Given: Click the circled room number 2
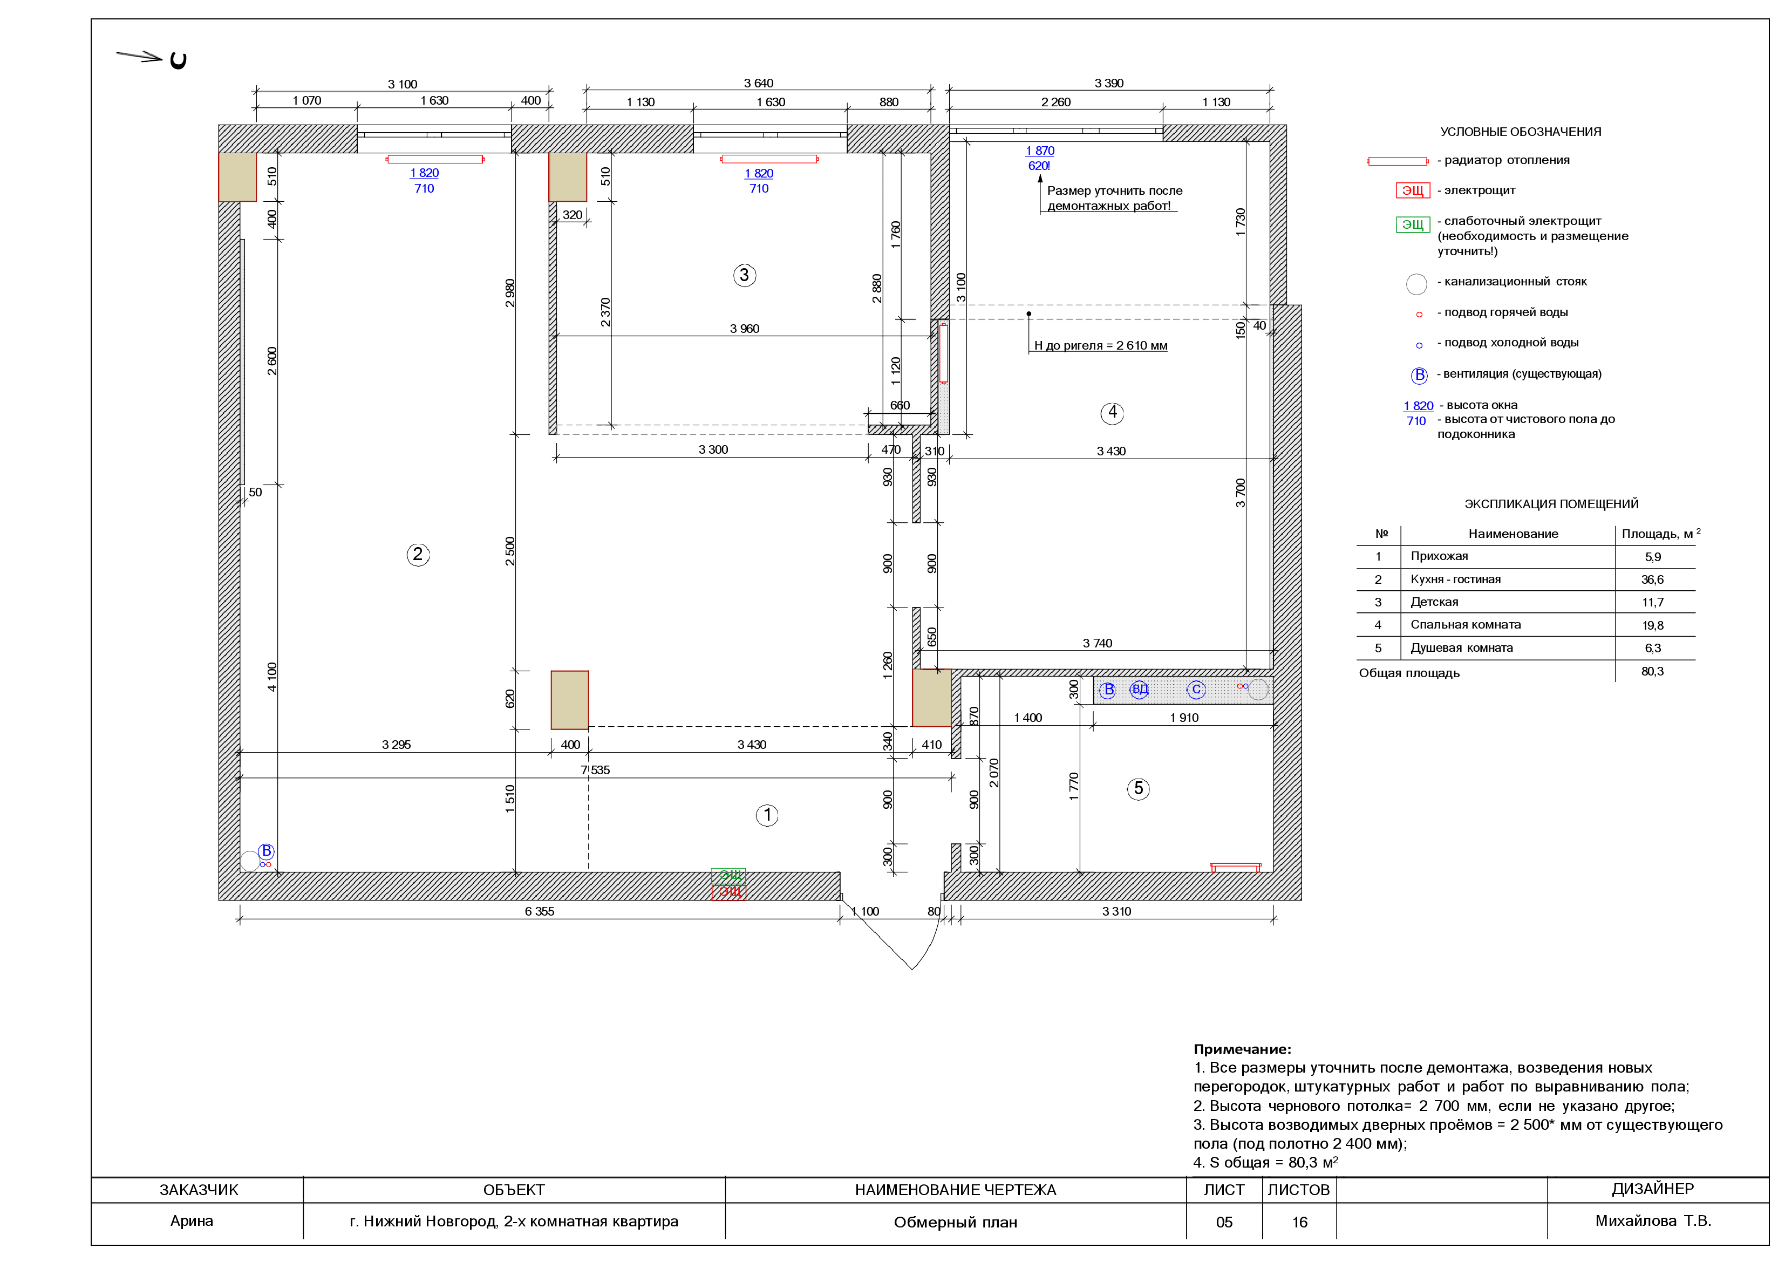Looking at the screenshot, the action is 418,555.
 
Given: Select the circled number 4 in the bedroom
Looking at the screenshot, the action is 1113,413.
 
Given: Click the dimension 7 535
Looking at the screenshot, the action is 596,770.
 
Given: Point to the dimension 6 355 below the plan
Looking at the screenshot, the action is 540,911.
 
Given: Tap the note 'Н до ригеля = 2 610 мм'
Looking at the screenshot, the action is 1101,345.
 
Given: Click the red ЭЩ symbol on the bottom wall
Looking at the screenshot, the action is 728,892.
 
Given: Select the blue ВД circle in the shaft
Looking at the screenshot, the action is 1140,690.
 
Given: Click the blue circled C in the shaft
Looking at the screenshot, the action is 1196,690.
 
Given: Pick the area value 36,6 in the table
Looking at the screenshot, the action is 1653,579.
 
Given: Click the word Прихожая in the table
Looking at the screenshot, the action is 1440,556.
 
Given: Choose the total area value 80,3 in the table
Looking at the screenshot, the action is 1653,671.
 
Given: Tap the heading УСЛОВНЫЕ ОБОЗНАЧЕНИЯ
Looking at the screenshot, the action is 1521,132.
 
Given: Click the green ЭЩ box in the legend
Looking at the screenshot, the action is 1413,224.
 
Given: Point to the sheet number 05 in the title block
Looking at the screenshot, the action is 1224,1223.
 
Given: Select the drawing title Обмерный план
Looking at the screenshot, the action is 956,1223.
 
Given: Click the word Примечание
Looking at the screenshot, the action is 1242,1049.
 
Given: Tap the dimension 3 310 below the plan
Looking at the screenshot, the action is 1116,911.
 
